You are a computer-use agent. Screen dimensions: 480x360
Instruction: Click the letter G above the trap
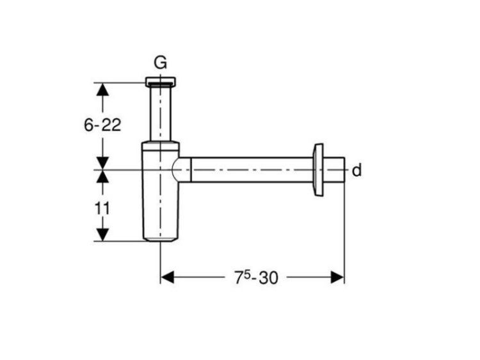[160, 63]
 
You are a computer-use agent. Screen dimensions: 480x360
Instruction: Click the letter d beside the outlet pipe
[356, 170]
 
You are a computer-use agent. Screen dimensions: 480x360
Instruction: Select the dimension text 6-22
[102, 125]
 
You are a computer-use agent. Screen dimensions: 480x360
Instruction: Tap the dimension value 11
[102, 209]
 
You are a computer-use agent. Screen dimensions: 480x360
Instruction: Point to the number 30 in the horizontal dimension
[268, 278]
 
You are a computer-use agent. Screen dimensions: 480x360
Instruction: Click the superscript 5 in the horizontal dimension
[247, 274]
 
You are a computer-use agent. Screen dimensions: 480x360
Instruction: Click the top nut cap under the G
[161, 81]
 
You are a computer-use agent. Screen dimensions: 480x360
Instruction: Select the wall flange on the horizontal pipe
[317, 169]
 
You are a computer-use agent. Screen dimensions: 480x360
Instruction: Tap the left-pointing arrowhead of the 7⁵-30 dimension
[167, 277]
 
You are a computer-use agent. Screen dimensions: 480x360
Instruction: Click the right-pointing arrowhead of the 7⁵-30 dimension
[337, 277]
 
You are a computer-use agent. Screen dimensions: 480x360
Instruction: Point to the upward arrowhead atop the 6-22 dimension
[102, 90]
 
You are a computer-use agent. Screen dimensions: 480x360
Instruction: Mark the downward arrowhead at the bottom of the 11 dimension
[102, 234]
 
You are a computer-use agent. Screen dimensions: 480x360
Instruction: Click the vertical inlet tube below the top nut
[160, 114]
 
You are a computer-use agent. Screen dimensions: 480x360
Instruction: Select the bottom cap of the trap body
[161, 239]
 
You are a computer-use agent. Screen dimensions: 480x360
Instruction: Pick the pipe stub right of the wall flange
[334, 169]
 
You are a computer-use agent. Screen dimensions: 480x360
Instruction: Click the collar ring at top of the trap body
[161, 146]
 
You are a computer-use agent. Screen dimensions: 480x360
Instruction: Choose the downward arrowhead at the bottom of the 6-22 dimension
[102, 163]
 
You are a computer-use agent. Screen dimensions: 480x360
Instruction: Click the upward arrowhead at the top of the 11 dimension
[102, 176]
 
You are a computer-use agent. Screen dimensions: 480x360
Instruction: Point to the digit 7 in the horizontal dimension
[239, 278]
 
